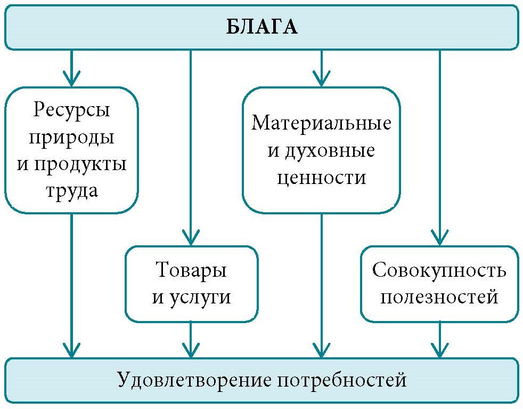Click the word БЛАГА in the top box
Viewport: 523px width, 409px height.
tap(261, 27)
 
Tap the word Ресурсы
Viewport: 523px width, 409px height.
tap(71, 110)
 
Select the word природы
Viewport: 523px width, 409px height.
tap(71, 137)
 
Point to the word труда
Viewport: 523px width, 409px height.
tap(71, 190)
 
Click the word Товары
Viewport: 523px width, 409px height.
tap(191, 270)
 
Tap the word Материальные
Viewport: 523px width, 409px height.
tap(321, 124)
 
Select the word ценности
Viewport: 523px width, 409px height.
tap(321, 177)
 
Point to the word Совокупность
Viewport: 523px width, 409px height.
tap(439, 270)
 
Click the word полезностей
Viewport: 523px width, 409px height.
tap(439, 296)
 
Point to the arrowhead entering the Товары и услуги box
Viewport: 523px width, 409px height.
tap(191, 238)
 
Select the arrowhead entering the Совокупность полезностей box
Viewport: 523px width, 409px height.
tap(439, 238)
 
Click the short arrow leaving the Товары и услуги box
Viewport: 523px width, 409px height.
tap(191, 341)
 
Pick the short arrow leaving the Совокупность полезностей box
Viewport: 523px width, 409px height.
tap(439, 341)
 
